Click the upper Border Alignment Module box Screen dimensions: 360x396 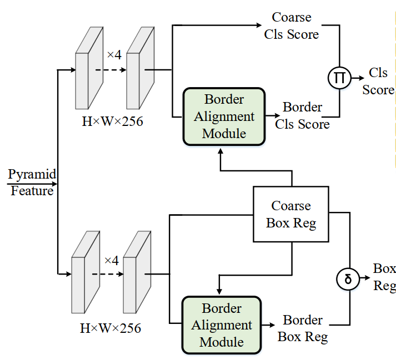(223, 116)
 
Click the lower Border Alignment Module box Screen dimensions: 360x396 (221, 324)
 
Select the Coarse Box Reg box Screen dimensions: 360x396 (291, 214)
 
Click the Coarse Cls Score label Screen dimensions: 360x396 (291, 26)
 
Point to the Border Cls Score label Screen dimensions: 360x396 (302, 115)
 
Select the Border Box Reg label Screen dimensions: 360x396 (303, 328)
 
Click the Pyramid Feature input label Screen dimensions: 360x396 (32, 182)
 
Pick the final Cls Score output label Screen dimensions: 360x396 (378, 82)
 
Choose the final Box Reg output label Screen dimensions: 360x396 (384, 277)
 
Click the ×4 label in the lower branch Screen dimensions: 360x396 (112, 260)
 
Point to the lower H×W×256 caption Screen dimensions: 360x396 (111, 328)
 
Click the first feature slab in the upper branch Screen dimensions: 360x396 (89, 69)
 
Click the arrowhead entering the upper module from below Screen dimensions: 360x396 (221, 152)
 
